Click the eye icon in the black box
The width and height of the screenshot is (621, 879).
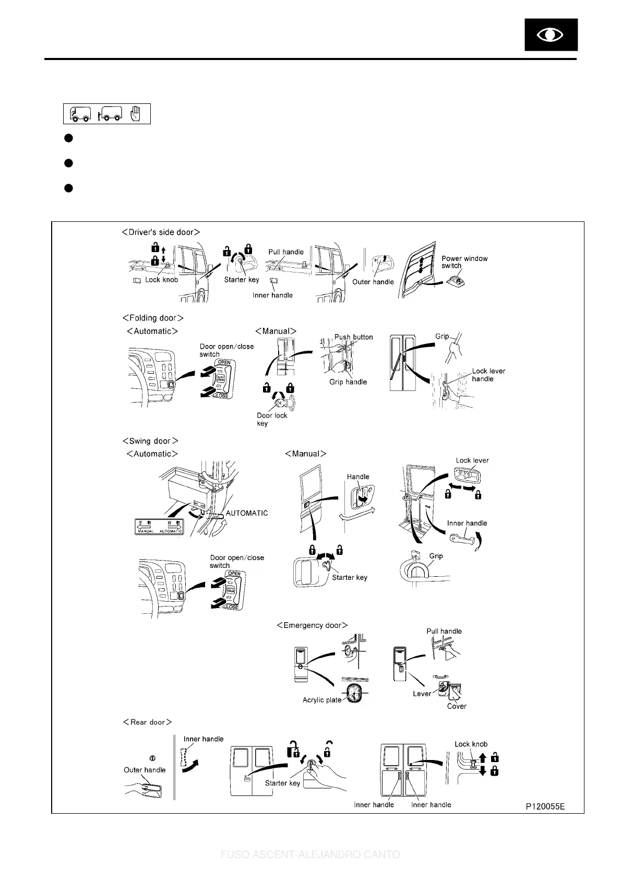(x=551, y=35)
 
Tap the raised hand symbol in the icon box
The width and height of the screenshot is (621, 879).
(x=135, y=113)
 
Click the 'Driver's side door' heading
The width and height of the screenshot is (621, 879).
(x=161, y=232)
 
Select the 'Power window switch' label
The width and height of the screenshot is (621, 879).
(x=464, y=262)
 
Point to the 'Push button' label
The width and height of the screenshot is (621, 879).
(x=353, y=337)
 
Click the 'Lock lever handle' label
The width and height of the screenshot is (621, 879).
(x=488, y=375)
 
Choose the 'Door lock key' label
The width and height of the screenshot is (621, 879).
(x=272, y=419)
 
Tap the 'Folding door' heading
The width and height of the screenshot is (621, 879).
(x=153, y=318)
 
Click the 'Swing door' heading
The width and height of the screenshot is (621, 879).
(x=150, y=441)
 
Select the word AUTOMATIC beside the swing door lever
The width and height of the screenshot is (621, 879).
(x=246, y=513)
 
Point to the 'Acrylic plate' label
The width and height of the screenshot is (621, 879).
(x=321, y=700)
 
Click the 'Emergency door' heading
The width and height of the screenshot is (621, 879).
(x=312, y=625)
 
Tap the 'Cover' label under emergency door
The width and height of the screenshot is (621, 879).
(x=457, y=706)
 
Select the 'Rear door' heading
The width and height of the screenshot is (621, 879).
(x=147, y=722)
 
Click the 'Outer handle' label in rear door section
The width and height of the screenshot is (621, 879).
(x=145, y=770)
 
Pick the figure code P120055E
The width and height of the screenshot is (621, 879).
(x=545, y=806)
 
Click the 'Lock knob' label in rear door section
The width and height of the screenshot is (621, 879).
(x=471, y=744)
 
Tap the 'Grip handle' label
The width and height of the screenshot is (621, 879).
(x=348, y=382)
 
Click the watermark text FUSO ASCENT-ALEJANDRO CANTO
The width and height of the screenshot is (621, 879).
(x=310, y=855)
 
